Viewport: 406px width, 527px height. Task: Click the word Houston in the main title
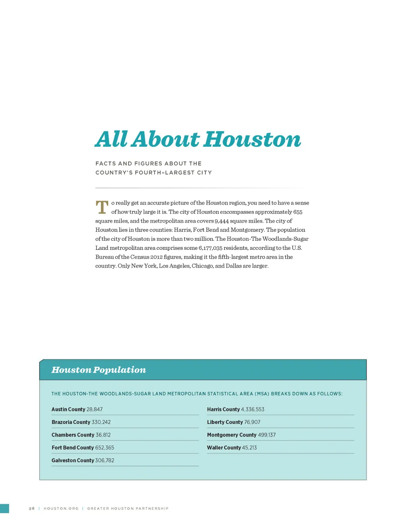click(253, 140)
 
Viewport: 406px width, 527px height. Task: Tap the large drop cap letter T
click(102, 207)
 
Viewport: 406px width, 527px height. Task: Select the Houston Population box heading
click(99, 370)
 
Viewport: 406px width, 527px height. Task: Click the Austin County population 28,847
click(94, 409)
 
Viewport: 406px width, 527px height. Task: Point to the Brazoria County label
click(71, 422)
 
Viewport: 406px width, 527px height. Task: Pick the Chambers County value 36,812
click(103, 435)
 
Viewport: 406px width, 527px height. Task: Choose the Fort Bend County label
click(73, 447)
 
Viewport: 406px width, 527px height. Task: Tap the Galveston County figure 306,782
click(105, 460)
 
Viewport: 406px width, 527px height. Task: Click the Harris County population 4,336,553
click(253, 409)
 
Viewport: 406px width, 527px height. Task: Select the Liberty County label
click(225, 422)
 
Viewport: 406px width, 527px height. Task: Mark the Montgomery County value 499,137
click(267, 435)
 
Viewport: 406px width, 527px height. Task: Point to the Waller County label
click(224, 447)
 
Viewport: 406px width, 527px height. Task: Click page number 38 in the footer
click(32, 508)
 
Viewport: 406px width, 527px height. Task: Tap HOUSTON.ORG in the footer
click(61, 508)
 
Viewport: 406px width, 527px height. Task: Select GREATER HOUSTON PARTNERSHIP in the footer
click(128, 508)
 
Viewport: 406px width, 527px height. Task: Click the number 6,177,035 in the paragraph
click(211, 248)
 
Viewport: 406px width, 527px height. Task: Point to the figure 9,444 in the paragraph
click(222, 221)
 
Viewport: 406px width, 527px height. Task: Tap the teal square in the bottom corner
click(4, 508)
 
